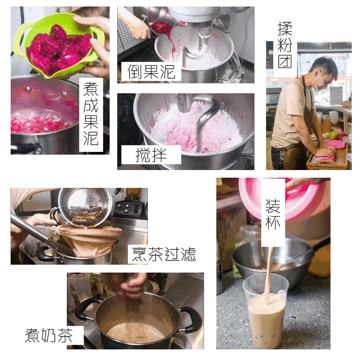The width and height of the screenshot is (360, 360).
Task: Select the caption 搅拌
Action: pyautogui.click(x=151, y=155)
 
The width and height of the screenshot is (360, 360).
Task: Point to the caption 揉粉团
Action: pyautogui.click(x=285, y=45)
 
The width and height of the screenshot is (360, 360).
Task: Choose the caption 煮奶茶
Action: pyautogui.click(x=49, y=335)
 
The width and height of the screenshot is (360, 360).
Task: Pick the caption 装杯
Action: pyautogui.click(x=273, y=213)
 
